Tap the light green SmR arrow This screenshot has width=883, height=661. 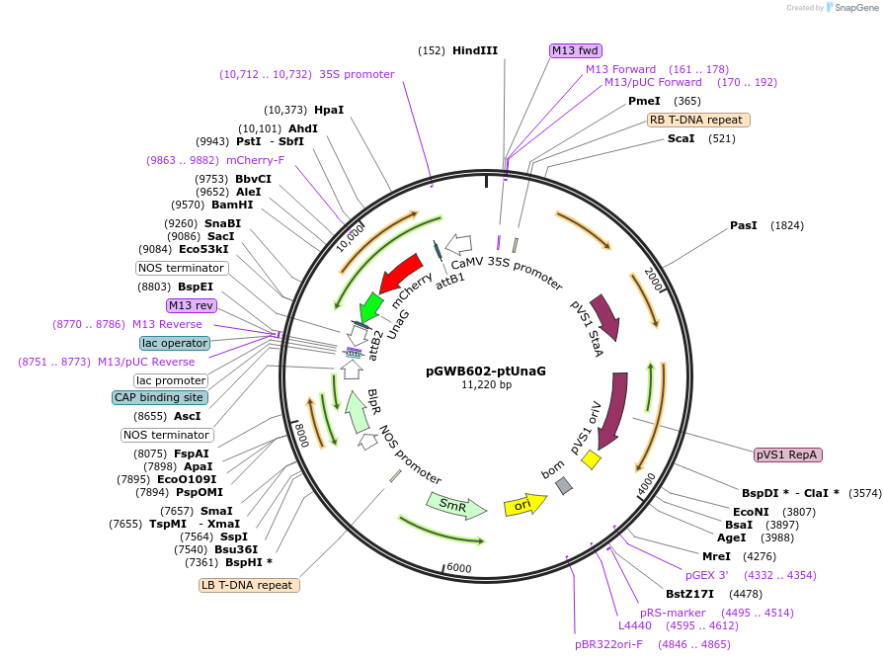455,506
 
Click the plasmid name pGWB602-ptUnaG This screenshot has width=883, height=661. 486,371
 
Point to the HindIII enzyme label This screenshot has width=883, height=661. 475,50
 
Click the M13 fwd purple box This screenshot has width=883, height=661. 576,50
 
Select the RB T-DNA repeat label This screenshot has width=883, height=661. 698,120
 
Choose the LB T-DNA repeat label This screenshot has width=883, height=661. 250,585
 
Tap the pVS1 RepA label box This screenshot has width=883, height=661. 787,454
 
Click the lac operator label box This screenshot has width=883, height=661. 175,343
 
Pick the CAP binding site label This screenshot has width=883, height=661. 159,397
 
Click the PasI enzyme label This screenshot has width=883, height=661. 743,225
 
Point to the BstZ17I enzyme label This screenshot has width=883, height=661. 688,594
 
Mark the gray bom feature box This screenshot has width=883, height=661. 564,485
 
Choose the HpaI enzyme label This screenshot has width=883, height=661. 329,110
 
